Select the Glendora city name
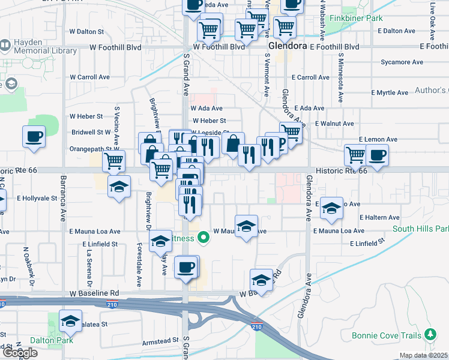pyautogui.click(x=288, y=46)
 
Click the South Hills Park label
pyautogui.click(x=421, y=229)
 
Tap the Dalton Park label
pyautogui.click(x=43, y=340)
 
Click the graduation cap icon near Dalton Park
pyautogui.click(x=71, y=322)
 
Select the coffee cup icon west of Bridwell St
pyautogui.click(x=34, y=136)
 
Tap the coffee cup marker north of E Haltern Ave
pyautogui.click(x=377, y=155)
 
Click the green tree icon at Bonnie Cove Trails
pyautogui.click(x=430, y=333)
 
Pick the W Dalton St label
pyautogui.click(x=87, y=31)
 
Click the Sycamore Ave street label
pyautogui.click(x=403, y=62)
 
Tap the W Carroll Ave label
pyautogui.click(x=90, y=77)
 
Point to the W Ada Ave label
pyautogui.click(x=207, y=109)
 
